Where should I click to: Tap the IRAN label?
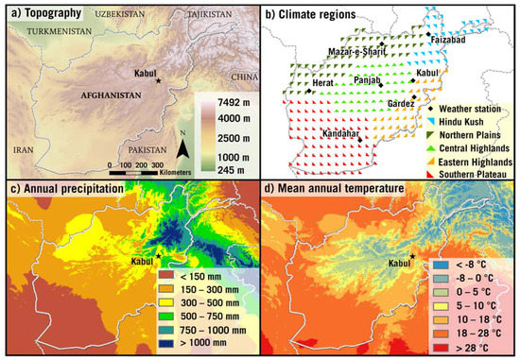[22, 149]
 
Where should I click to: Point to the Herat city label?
[323, 83]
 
